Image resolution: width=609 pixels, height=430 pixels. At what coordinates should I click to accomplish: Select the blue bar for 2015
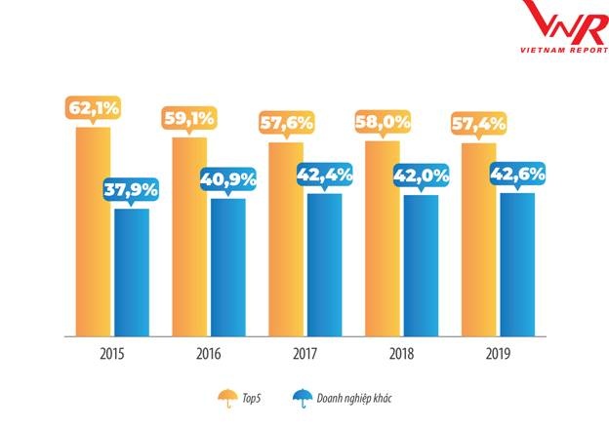tap(131, 273)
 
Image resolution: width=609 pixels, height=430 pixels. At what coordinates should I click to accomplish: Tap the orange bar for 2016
tap(189, 238)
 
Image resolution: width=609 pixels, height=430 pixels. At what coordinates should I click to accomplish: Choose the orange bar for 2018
tap(383, 240)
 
